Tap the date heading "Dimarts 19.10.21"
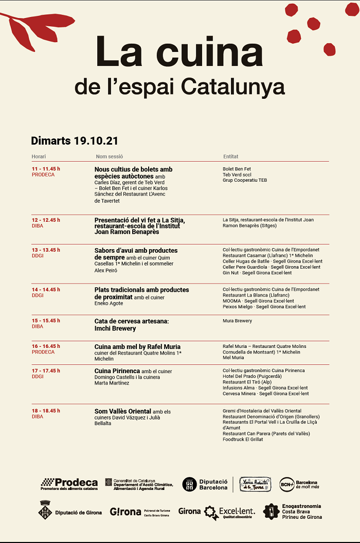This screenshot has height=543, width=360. click(x=75, y=141)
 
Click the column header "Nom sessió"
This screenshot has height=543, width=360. click(x=109, y=156)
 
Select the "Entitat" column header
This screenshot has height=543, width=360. click(x=230, y=156)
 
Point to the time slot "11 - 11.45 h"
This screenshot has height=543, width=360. click(x=46, y=169)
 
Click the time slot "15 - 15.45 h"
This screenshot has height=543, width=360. click(x=46, y=321)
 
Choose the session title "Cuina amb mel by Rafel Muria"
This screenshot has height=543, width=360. click(x=137, y=346)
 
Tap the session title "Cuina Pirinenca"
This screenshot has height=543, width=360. click(x=117, y=371)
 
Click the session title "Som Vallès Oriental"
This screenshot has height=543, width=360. click(x=122, y=411)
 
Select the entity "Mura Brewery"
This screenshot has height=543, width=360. click(x=237, y=321)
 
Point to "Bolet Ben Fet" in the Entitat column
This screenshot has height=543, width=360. click(x=237, y=169)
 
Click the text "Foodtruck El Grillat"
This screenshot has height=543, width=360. click(x=243, y=440)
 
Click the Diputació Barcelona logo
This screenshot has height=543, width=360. click(x=205, y=484)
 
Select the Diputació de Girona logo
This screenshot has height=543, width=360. click(x=70, y=512)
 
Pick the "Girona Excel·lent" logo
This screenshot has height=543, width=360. click(x=217, y=512)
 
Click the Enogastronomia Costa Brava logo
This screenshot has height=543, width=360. click(x=292, y=512)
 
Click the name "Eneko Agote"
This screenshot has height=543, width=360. click(x=109, y=304)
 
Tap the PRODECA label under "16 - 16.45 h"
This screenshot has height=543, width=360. click(x=43, y=352)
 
